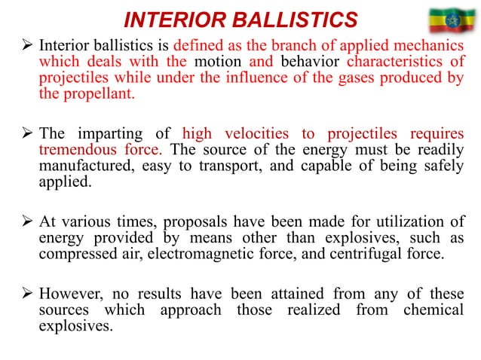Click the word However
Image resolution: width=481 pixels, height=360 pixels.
[70, 293]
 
